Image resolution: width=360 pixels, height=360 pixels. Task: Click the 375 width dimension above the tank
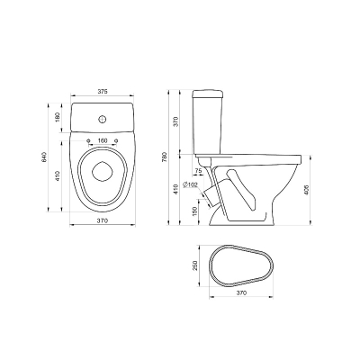(103, 92)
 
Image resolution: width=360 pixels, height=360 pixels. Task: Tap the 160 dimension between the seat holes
(103, 140)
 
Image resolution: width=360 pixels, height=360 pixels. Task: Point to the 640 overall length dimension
(44, 157)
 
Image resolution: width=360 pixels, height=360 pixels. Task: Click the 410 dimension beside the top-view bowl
(58, 175)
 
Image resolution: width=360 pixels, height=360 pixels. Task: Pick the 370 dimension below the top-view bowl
(103, 220)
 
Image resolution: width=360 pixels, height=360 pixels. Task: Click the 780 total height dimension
(164, 157)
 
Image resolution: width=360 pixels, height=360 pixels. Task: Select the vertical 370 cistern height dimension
(176, 121)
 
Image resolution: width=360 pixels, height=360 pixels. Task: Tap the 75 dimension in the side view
(198, 170)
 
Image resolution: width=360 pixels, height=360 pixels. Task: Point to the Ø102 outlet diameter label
(190, 184)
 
